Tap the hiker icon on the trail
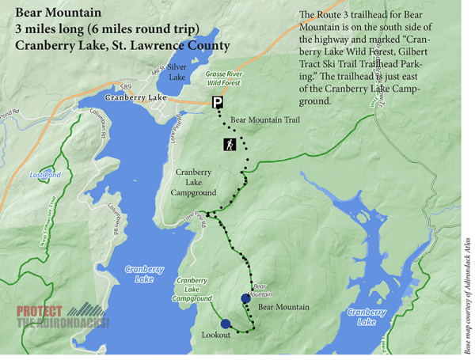click(x=229, y=146)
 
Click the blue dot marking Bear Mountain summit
click(x=245, y=298)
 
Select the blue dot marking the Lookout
click(x=226, y=324)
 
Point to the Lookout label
click(x=215, y=335)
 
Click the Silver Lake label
click(x=177, y=72)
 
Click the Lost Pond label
click(x=44, y=175)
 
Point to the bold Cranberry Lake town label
click(x=135, y=97)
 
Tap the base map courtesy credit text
click(x=466, y=294)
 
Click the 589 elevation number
click(x=125, y=86)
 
